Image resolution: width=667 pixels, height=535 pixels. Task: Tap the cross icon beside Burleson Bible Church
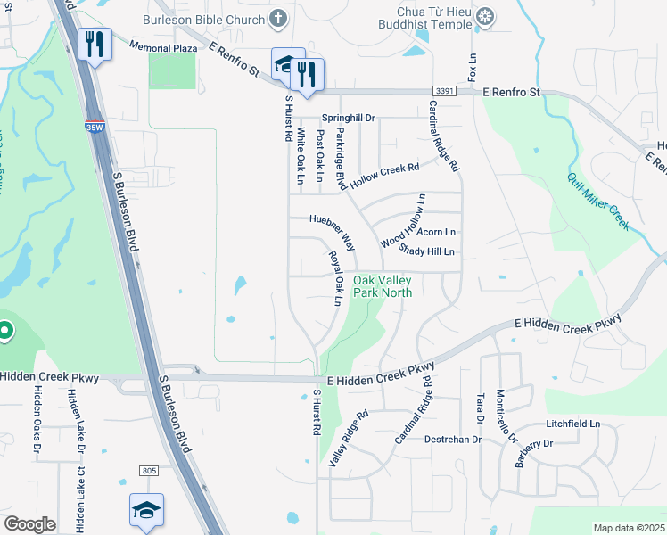[279, 18]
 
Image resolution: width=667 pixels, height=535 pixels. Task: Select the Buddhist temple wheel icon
[485, 16]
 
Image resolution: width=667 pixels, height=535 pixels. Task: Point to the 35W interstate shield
[94, 127]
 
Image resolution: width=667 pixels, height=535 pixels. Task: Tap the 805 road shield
[149, 470]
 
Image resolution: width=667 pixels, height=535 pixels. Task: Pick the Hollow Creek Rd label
[384, 174]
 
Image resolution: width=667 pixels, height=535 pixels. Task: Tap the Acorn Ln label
[437, 232]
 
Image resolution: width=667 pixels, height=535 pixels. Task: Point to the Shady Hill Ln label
[428, 251]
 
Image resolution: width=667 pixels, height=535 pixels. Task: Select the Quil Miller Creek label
[598, 202]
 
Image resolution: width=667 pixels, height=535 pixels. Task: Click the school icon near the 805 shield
[146, 510]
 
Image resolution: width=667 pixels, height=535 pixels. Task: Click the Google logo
[29, 524]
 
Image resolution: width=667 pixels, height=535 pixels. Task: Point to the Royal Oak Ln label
[334, 278]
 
